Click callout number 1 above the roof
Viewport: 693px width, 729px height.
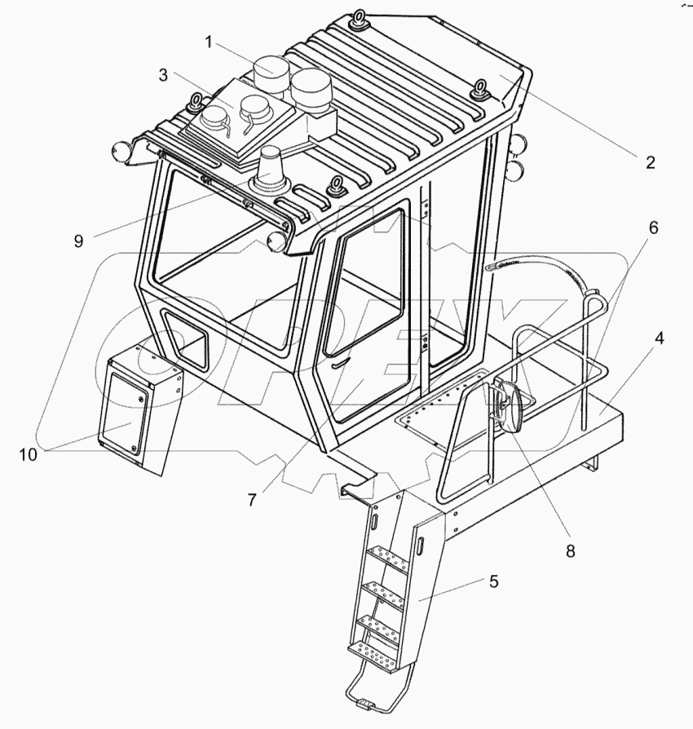point(210,42)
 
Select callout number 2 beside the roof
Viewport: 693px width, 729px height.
point(650,161)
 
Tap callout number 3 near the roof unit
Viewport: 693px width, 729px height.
point(164,75)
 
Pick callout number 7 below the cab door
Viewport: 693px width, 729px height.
point(252,500)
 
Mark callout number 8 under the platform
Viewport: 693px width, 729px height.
point(570,551)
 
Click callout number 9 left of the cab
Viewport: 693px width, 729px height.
point(78,241)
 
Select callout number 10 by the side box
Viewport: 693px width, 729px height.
point(29,454)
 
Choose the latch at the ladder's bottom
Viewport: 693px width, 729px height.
point(363,704)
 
